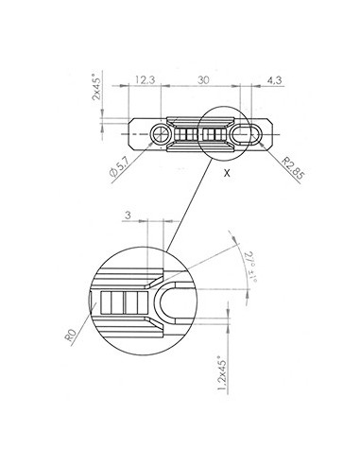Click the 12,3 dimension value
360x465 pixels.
click(146, 79)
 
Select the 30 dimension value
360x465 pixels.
click(203, 80)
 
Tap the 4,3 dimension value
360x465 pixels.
click(274, 80)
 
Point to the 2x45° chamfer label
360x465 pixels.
click(96, 87)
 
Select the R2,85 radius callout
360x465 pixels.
click(293, 168)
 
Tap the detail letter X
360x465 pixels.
click(227, 173)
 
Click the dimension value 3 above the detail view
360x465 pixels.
click(128, 215)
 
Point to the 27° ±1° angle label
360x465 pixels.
click(251, 267)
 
